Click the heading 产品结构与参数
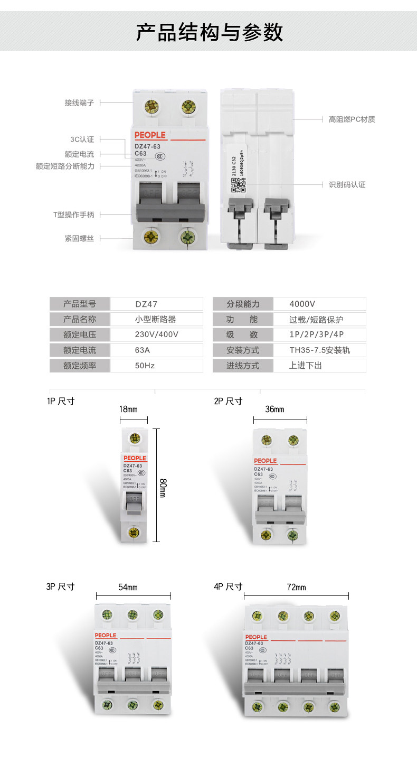209,32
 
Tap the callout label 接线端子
79,103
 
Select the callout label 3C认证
82,139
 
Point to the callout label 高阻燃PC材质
352,119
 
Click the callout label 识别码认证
347,184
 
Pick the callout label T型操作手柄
73,215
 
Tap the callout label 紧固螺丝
79,238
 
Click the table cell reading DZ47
146,304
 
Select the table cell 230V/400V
156,334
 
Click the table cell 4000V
302,304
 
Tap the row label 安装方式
243,350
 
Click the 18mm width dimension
128,409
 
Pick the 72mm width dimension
296,587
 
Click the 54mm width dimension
128,587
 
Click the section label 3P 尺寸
60,586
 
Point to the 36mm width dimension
274,409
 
